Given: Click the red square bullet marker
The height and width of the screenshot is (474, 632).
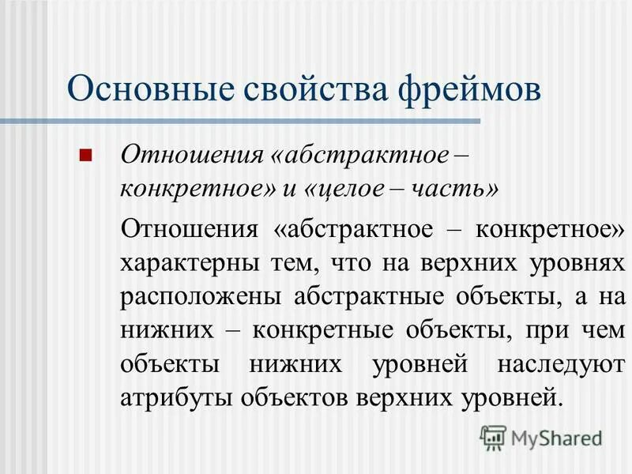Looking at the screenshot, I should pyautogui.click(x=86, y=153).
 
